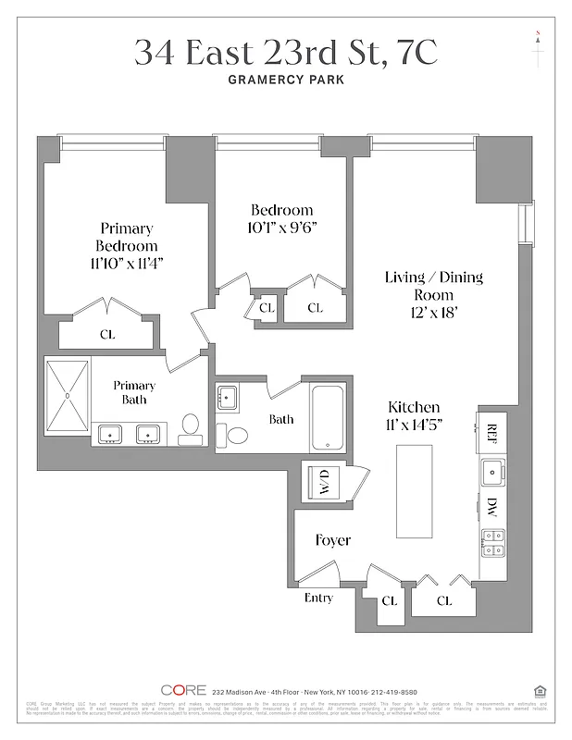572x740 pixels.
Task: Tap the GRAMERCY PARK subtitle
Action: tap(286, 80)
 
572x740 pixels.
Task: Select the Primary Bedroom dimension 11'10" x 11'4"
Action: tap(126, 264)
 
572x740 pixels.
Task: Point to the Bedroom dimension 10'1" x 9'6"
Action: tap(282, 228)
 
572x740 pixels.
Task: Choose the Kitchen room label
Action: tap(413, 407)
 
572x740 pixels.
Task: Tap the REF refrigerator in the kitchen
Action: tap(491, 431)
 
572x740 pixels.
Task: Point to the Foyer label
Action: tap(332, 540)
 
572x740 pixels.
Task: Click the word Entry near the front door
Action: tap(318, 598)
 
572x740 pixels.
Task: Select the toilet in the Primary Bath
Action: tap(191, 428)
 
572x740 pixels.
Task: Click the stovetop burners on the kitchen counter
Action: tap(491, 541)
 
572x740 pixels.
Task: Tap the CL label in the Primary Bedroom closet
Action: tap(107, 334)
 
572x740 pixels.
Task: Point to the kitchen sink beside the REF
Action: tap(491, 470)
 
